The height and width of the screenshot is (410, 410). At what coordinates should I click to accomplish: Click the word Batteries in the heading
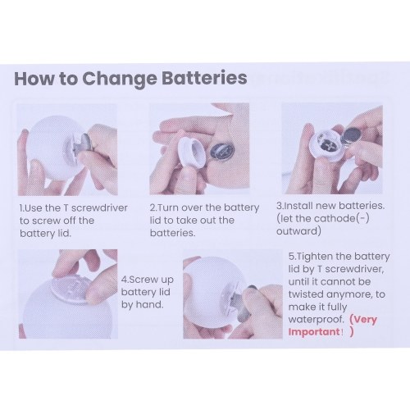point(204,78)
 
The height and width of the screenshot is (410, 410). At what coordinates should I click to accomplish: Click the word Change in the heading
point(120,80)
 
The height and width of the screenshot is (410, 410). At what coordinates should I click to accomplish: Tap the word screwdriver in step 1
point(99,208)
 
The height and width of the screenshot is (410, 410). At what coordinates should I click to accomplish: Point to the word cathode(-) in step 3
point(341,219)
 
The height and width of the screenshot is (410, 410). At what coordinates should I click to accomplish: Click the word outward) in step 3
point(298,231)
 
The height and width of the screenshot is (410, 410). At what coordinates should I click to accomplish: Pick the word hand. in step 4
point(150,304)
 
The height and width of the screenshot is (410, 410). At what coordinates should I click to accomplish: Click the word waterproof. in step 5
point(316,319)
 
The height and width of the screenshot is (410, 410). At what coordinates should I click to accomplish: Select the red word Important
point(314,332)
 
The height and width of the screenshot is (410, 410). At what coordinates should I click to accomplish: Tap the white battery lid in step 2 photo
point(190,151)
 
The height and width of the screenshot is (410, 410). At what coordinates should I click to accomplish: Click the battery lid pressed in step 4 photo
point(71,291)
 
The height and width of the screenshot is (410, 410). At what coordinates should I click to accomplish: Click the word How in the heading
point(34,79)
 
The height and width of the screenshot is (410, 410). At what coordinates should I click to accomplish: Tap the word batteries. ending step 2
point(173,233)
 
